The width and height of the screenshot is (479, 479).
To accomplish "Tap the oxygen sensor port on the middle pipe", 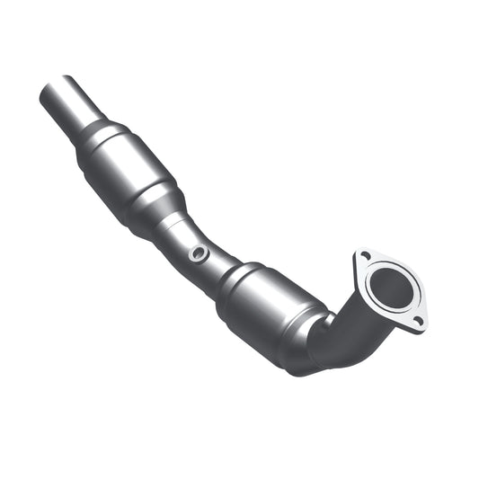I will click(198, 254).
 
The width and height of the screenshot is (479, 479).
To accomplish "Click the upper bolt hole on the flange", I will click(365, 256).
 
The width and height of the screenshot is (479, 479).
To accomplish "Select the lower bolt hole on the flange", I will click(417, 320).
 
